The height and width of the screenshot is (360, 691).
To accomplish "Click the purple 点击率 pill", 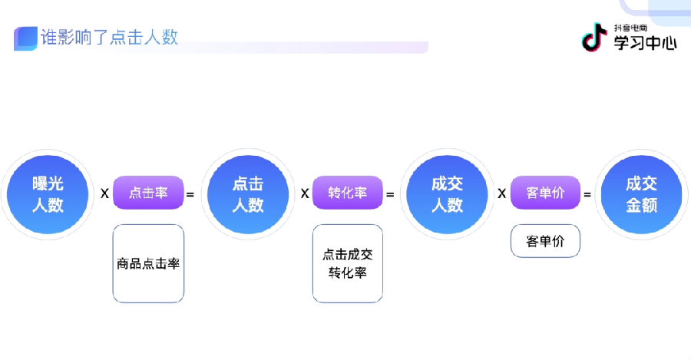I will pos(148,193).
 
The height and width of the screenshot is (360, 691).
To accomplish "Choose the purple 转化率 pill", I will pos(347,193).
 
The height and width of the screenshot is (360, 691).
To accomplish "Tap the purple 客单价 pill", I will pos(546,193).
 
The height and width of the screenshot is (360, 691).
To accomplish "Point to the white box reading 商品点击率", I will pos(148,263).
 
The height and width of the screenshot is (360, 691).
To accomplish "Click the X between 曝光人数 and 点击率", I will pos(104,193).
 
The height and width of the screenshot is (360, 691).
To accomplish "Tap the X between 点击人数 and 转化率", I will pos(305,193).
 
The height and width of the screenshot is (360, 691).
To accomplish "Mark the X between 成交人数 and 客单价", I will pos(502,193).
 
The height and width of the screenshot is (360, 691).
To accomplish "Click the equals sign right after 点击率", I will pos(190,194).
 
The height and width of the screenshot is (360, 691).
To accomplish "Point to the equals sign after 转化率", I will pos(390,194).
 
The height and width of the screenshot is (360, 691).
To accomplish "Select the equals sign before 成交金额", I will pos(587,194).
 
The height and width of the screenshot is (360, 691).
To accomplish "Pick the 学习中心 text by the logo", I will pos(645,43).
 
